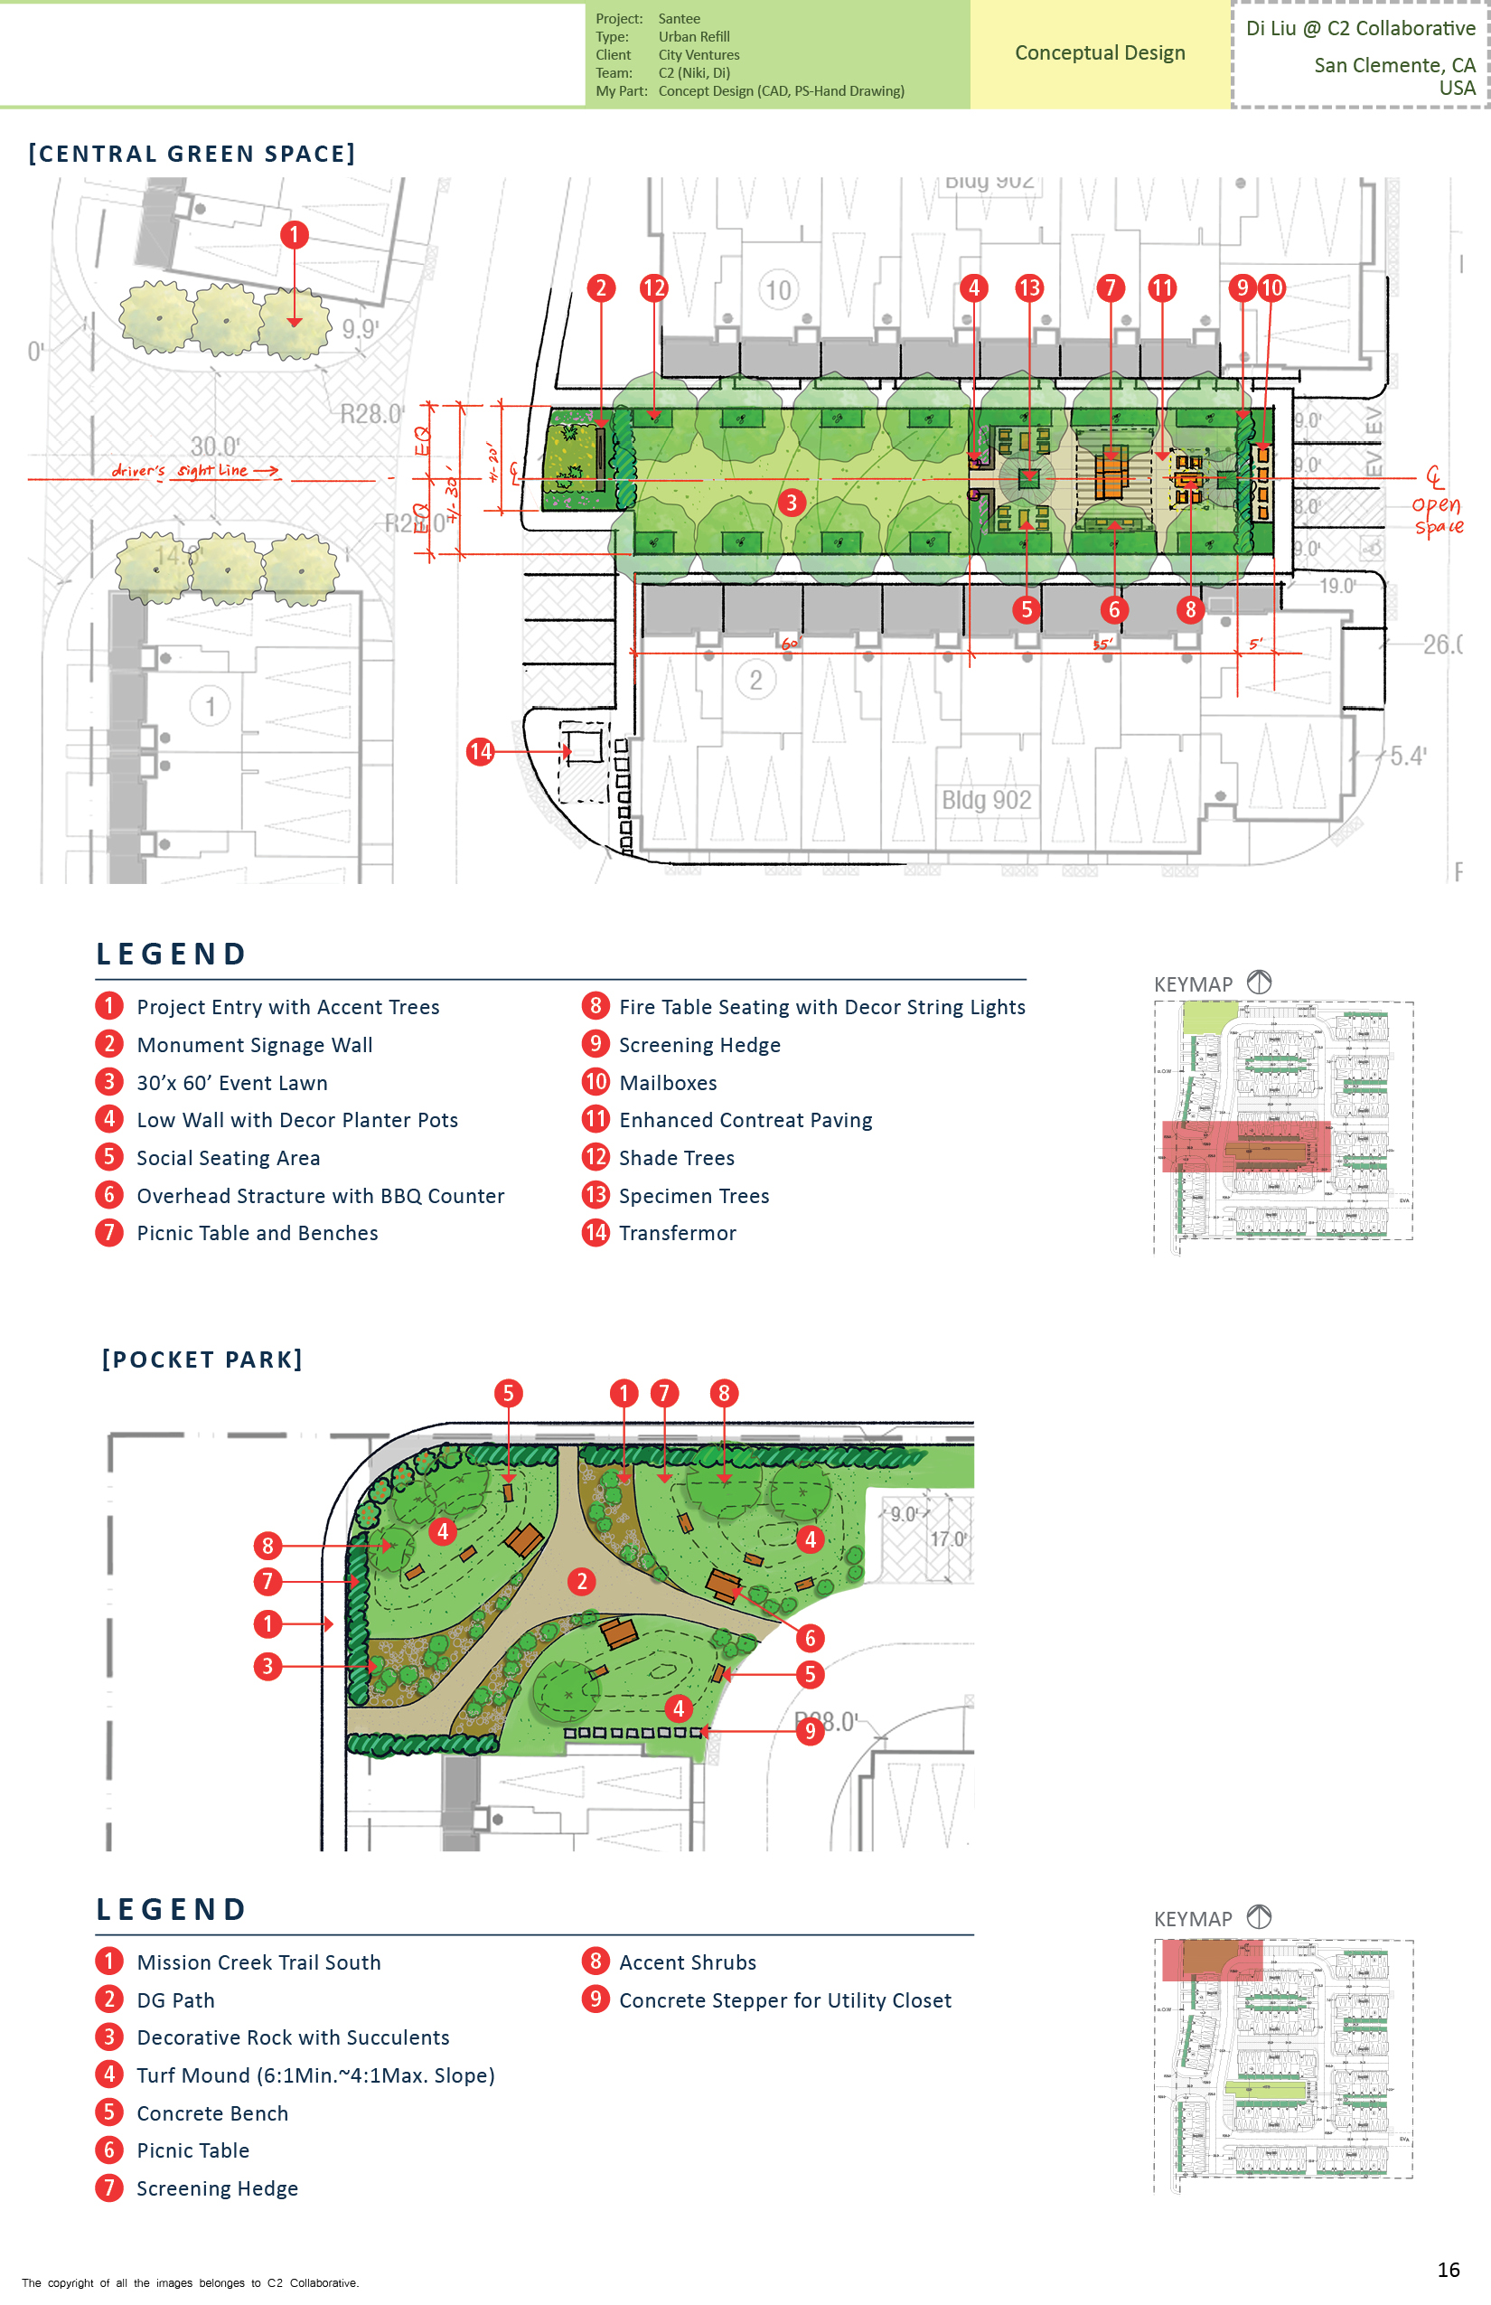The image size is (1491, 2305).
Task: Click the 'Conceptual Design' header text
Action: [1099, 52]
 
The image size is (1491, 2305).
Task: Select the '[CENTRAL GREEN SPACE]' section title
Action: [192, 154]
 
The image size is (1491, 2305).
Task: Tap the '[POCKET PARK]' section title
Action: [202, 1359]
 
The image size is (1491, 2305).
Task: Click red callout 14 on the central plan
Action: [480, 751]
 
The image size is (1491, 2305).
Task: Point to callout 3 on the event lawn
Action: [791, 503]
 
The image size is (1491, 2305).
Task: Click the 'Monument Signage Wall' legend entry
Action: [255, 1045]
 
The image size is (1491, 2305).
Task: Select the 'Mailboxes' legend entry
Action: [667, 1083]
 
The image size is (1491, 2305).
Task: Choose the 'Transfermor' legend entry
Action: [677, 1233]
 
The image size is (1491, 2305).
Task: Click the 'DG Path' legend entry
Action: [175, 1999]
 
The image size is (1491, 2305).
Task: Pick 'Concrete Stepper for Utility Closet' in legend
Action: [784, 1999]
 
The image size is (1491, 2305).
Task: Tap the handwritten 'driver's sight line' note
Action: [193, 471]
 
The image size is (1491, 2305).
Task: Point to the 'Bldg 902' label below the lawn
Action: [986, 800]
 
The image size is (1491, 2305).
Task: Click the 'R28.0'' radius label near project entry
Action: [370, 415]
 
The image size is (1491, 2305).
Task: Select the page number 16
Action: [1448, 2269]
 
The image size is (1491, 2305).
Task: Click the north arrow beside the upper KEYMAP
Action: [1259, 982]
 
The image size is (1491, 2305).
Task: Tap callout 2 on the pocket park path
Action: [581, 1582]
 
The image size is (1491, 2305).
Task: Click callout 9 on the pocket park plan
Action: [810, 1731]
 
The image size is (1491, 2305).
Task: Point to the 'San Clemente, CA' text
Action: [1393, 65]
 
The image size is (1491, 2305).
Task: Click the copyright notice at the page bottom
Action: [190, 2282]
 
